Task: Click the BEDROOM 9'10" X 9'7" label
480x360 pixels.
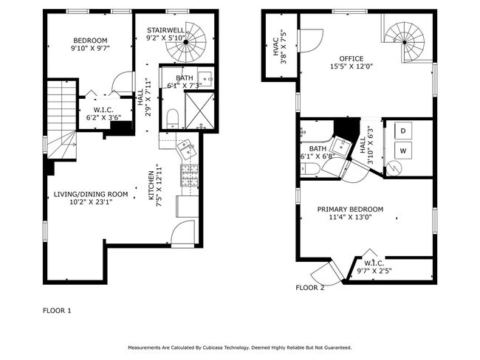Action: click(90, 44)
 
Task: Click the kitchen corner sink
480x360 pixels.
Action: click(188, 150)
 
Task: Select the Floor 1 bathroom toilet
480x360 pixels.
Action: click(171, 118)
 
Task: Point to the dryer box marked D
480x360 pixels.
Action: click(403, 131)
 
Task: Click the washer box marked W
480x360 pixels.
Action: click(403, 150)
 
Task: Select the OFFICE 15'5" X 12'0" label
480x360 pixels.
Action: click(352, 62)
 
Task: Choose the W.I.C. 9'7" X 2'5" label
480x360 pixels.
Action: click(374, 267)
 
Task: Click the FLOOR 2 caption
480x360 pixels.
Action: click(310, 288)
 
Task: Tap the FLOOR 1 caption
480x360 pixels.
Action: click(57, 311)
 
